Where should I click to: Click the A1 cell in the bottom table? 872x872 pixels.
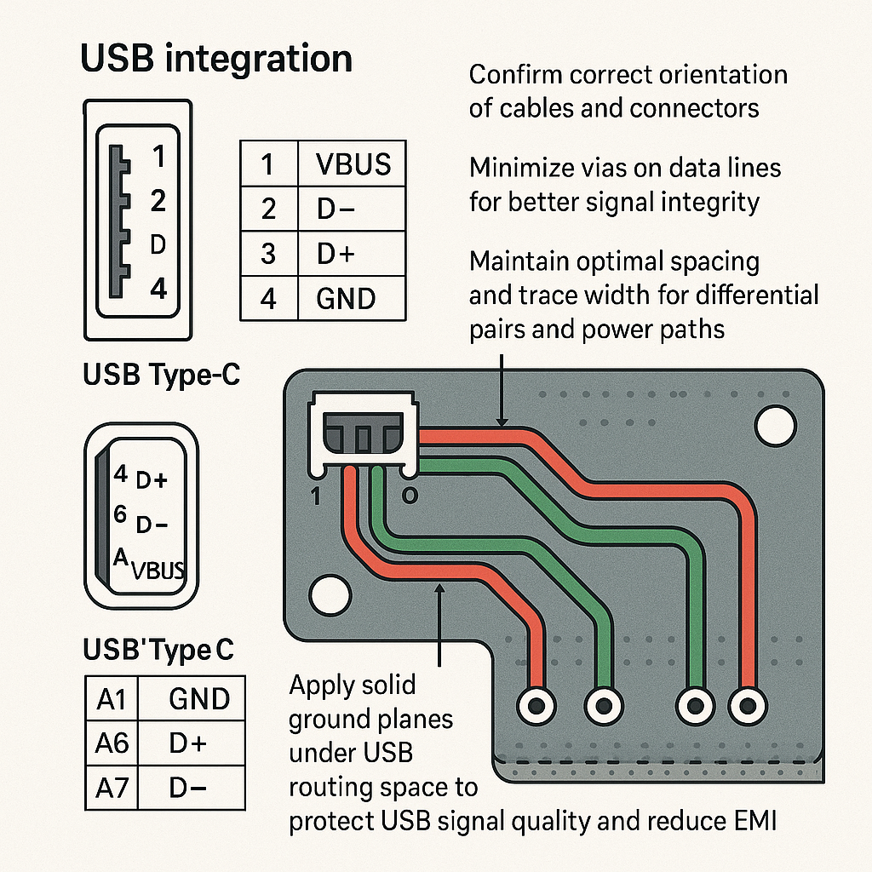[112, 700]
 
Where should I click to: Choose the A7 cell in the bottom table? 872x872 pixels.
[112, 788]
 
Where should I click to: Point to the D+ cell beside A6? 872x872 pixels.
[187, 743]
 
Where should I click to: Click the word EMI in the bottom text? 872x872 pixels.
[754, 823]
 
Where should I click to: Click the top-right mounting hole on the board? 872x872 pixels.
[774, 423]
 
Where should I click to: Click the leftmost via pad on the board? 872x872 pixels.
[536, 705]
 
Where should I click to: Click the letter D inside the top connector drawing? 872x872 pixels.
[157, 245]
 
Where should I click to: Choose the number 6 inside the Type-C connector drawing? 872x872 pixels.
[120, 513]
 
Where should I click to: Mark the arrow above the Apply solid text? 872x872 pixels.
[439, 622]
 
